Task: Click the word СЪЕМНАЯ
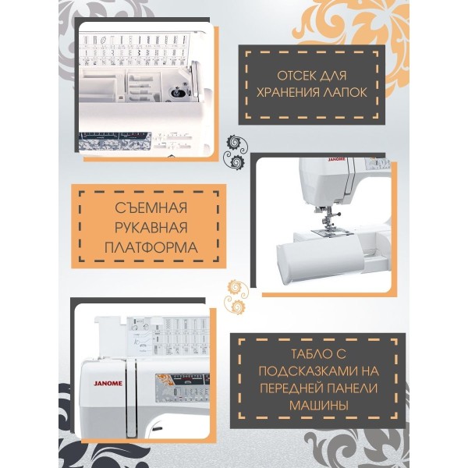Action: click(151, 207)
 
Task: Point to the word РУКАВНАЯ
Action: click(151, 228)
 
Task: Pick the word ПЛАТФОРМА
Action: click(151, 248)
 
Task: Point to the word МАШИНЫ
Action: click(319, 406)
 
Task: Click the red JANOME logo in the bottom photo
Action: click(108, 383)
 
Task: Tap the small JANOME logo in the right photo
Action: click(337, 160)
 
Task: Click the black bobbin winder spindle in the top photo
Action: click(177, 93)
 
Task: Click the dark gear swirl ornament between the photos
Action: click(236, 151)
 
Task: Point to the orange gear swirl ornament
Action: click(237, 296)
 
